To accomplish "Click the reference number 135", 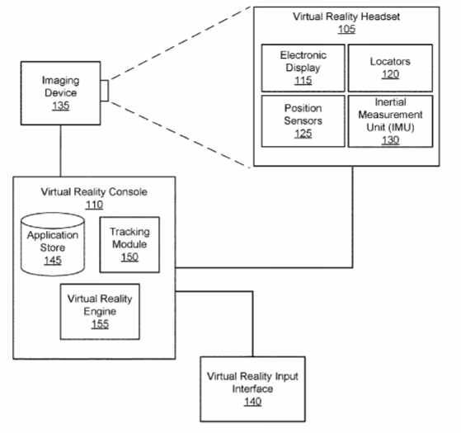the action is pos(60,106).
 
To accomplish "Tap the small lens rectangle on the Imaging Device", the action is pos(105,91).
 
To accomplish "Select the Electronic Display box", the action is pos(303,68).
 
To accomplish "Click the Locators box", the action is pos(390,68).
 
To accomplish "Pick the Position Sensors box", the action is pos(303,120).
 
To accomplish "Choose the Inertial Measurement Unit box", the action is pos(390,120).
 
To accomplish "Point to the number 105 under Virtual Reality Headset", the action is pos(346,29).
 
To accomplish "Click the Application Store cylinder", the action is pos(53,244).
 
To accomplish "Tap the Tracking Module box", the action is pos(129,245).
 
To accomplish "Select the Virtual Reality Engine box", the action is pos(100,312).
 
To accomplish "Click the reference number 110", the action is pos(94,205).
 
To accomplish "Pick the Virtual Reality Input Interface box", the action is pos(252,389).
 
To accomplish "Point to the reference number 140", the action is pos(252,402).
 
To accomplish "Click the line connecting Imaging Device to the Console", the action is pos(61,151).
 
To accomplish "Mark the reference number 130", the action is pos(390,140).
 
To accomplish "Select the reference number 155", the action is pos(100,324).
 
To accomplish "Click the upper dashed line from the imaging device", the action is pos(180,43).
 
